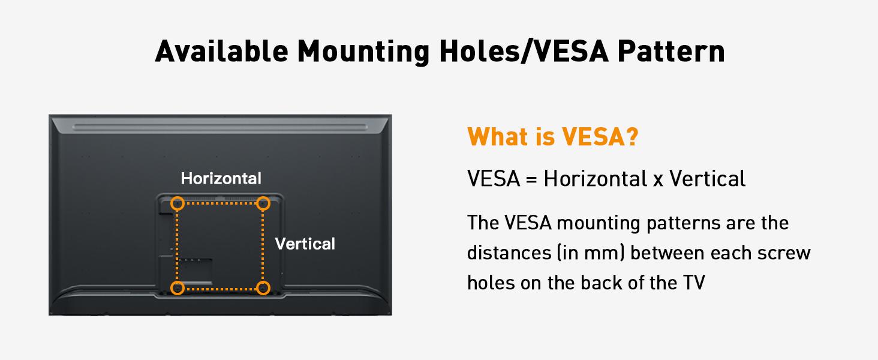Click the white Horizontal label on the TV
pyautogui.click(x=221, y=178)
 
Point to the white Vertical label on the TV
pyautogui.click(x=305, y=244)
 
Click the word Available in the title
pyautogui.click(x=222, y=51)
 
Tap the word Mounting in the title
pyautogui.click(x=363, y=52)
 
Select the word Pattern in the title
pyautogui.click(x=671, y=51)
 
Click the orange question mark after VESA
pyautogui.click(x=632, y=136)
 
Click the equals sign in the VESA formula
pyautogui.click(x=531, y=179)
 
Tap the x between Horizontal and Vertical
pyautogui.click(x=658, y=181)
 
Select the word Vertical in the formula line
pyautogui.click(x=707, y=178)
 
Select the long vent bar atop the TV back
pyautogui.click(x=220, y=127)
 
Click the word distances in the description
pyautogui.click(x=509, y=253)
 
